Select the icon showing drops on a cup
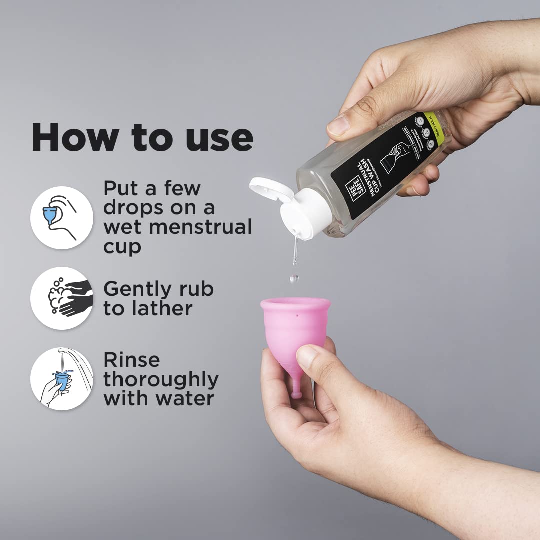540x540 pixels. pos(61,218)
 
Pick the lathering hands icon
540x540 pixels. pos(61,298)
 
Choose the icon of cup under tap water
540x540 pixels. pos(61,379)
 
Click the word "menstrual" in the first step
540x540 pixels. pos(200,227)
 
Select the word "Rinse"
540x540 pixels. pos(132,360)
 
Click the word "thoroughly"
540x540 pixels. pos(161,380)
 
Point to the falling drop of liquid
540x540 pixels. pos(294,277)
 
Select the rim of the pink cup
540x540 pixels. pos(295,303)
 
